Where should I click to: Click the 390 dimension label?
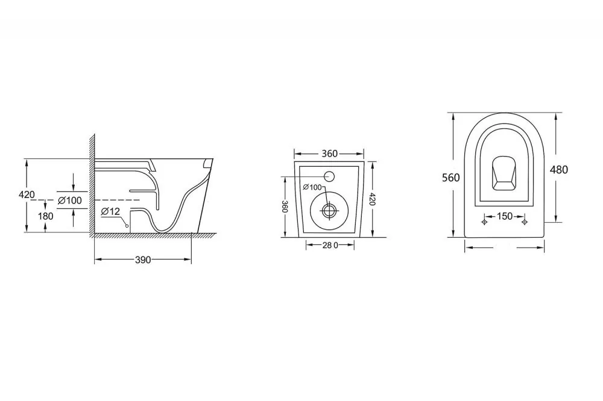point(143,260)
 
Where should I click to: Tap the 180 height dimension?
point(45,216)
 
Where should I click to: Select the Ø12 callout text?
point(111,211)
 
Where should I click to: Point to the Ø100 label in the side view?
point(69,200)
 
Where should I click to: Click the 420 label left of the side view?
point(27,194)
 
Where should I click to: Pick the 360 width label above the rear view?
point(330,154)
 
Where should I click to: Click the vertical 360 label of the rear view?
point(285,207)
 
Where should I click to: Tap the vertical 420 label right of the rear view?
point(371,199)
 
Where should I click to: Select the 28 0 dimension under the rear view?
point(330,245)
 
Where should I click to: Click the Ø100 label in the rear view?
point(312,187)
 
